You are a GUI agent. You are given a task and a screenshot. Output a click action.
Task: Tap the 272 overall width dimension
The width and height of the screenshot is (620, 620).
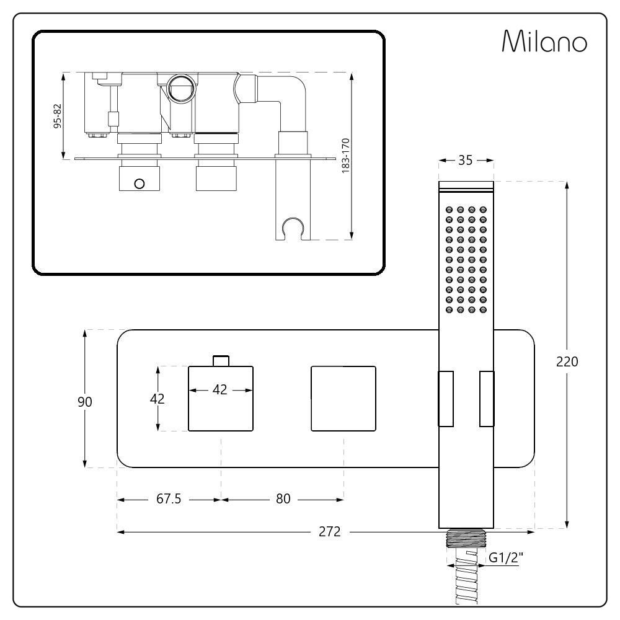[330, 532]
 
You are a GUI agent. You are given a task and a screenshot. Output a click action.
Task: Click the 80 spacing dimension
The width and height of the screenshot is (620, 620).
[283, 499]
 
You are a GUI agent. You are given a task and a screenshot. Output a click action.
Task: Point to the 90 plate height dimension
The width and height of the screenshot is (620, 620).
[85, 402]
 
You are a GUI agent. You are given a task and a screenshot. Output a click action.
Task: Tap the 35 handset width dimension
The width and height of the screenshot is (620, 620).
[466, 161]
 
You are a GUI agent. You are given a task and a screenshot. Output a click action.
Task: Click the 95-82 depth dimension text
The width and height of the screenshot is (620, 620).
[58, 115]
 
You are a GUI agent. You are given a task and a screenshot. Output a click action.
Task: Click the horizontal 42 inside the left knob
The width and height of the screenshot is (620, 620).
[220, 390]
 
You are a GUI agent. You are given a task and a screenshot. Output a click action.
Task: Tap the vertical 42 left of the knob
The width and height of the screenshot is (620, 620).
[158, 399]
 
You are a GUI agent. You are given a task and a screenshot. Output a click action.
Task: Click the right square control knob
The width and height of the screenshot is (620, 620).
[343, 399]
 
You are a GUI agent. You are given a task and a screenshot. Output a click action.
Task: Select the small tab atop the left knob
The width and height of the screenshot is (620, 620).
[221, 360]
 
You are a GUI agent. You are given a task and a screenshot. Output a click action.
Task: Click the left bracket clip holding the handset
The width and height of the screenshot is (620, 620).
[446, 399]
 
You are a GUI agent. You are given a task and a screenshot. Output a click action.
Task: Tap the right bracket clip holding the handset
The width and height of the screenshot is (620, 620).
[487, 399]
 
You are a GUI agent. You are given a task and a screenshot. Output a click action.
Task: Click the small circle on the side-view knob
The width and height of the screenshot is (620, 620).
[139, 183]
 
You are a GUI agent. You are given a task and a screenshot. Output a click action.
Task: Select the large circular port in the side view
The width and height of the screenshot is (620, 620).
[181, 88]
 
